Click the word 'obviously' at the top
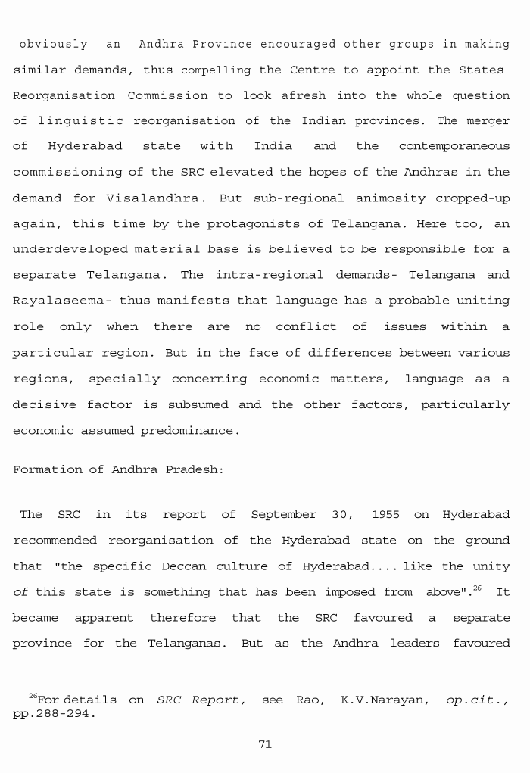click(53, 45)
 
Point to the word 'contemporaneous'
click(454, 146)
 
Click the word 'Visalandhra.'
click(157, 199)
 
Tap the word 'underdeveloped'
click(70, 249)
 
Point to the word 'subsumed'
click(198, 405)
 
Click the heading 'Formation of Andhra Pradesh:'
click(118, 469)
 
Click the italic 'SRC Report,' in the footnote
click(201, 700)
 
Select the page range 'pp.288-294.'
click(55, 714)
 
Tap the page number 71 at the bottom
click(265, 745)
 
